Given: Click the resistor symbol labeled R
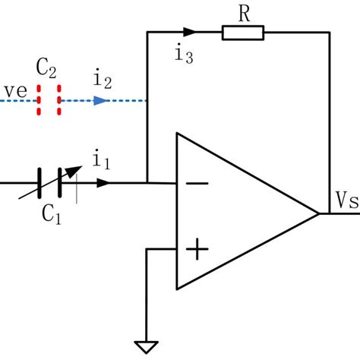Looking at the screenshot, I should pos(243,32).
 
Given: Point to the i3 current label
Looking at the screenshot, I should pos(184,55).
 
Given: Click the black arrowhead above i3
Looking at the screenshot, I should pos(191,32).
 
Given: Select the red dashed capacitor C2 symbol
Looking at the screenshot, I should pos(49,99).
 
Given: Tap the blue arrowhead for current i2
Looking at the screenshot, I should pos(99,99).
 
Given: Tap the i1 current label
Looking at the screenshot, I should pos(99,160).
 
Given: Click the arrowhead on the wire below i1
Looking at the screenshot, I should pos(103,183).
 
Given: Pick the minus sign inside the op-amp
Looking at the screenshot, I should pos(197,184).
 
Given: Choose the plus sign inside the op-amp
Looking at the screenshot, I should pos(197,248).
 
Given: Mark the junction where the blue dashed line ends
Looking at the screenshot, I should pos(147,99).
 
